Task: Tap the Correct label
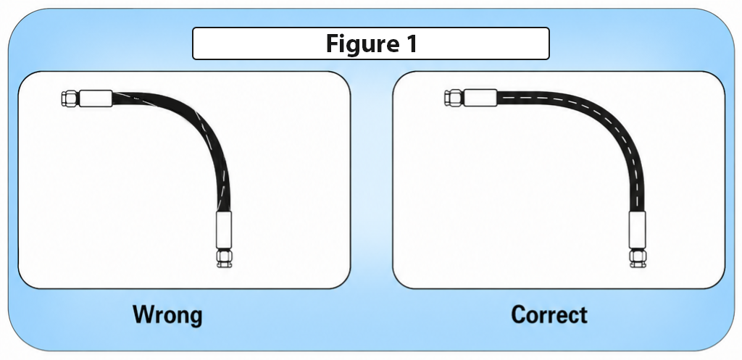(549, 314)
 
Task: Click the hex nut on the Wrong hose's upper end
(70, 99)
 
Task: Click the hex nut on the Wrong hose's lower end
(225, 259)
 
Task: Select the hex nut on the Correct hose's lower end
(637, 259)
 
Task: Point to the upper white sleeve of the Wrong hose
(96, 99)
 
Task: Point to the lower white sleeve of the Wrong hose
(224, 230)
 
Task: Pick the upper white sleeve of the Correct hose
(480, 98)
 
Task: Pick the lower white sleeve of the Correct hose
(637, 230)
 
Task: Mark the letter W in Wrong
(145, 314)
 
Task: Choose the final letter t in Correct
(583, 316)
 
